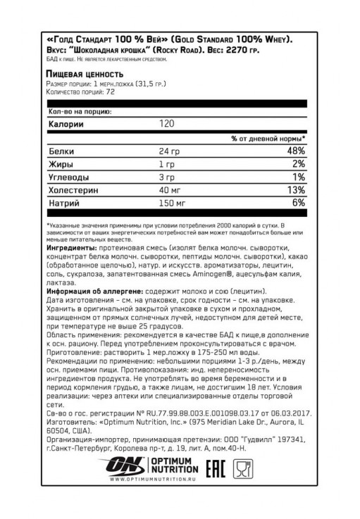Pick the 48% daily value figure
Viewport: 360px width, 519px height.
click(x=295, y=151)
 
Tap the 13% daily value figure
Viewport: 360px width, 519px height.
click(x=296, y=190)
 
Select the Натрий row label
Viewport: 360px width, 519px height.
click(x=62, y=204)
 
